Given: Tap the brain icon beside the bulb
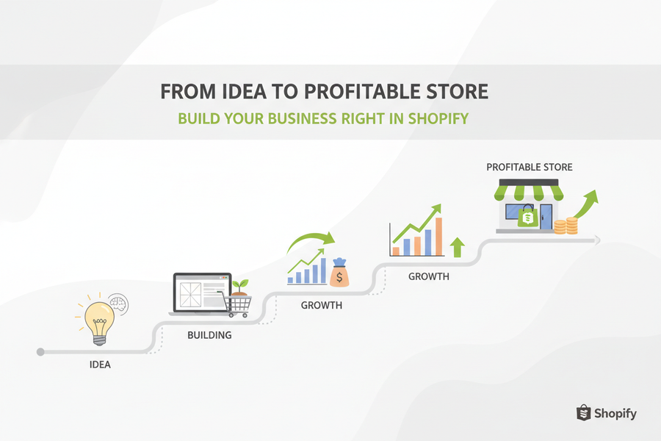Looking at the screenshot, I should (x=116, y=303).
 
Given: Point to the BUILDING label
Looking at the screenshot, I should (x=209, y=335).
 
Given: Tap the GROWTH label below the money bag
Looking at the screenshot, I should (x=321, y=305).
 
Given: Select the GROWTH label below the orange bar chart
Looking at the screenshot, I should (x=428, y=277).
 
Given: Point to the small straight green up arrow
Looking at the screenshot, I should (x=458, y=247).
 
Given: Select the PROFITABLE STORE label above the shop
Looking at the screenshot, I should (x=529, y=168).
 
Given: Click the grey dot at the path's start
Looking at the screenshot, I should (x=40, y=352).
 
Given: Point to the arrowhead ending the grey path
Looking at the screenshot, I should (x=597, y=240).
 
